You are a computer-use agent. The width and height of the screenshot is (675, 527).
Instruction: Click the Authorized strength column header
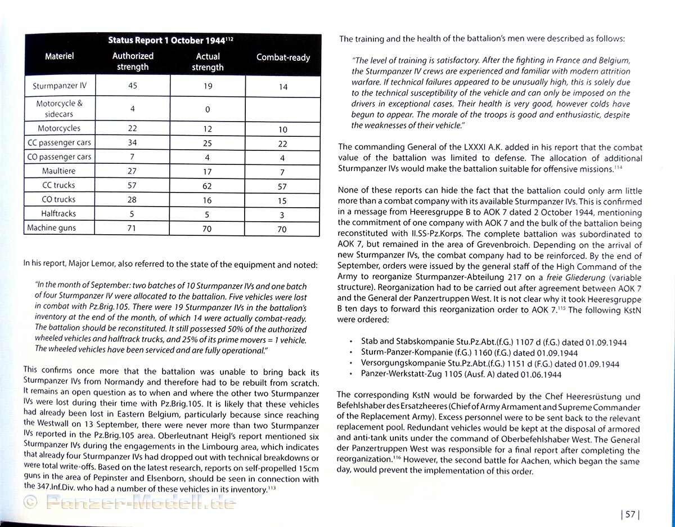(x=132, y=61)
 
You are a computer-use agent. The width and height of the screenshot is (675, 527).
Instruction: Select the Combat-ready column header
(x=283, y=57)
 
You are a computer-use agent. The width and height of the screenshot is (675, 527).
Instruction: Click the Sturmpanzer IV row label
(x=59, y=86)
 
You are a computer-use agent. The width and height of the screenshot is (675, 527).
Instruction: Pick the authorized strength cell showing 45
(x=132, y=86)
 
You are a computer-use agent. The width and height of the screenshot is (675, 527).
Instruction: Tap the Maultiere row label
(x=58, y=171)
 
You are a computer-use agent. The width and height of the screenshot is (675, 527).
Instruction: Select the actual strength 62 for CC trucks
(x=208, y=186)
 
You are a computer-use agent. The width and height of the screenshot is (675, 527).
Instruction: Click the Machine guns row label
(x=52, y=228)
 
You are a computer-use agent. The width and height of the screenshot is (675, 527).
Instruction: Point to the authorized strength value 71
(x=132, y=228)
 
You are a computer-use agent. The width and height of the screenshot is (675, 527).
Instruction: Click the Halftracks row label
(x=58, y=214)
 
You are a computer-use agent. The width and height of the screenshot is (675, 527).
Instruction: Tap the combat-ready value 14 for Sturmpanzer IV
(x=283, y=87)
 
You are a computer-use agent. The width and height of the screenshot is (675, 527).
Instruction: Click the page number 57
(x=630, y=514)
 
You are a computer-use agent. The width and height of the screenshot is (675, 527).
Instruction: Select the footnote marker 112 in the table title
(x=229, y=38)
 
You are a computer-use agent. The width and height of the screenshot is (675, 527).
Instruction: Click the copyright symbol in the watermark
(x=30, y=502)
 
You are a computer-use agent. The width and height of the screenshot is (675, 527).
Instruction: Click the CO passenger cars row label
(x=58, y=157)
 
